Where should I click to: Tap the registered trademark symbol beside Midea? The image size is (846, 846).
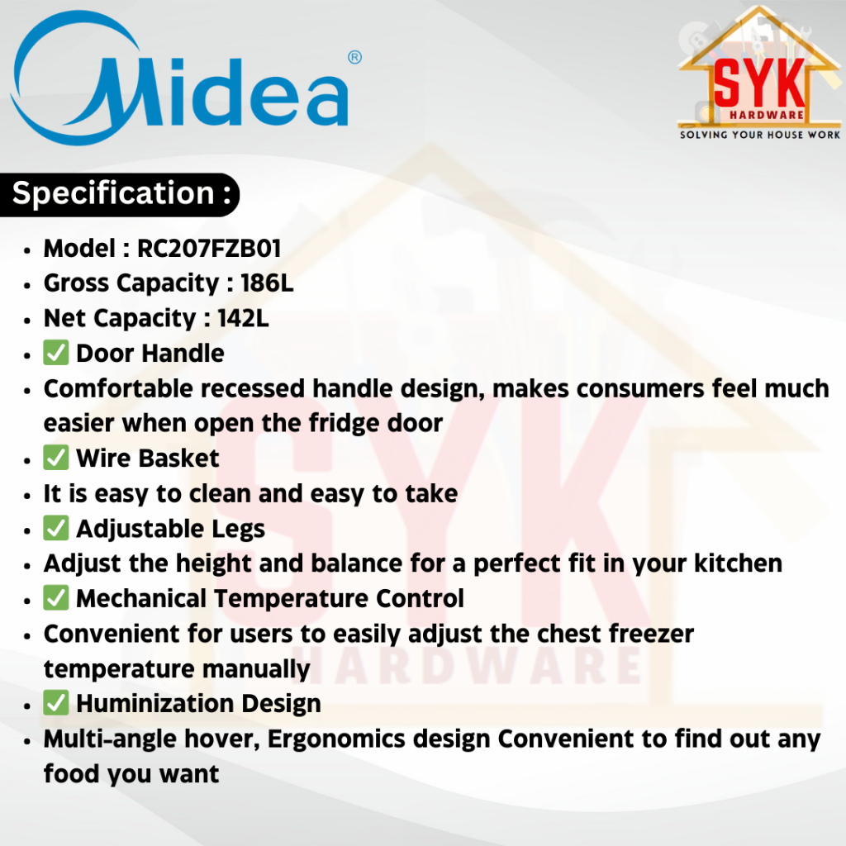354,57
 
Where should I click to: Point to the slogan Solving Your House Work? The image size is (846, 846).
760,135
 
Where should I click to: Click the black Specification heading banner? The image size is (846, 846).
120,195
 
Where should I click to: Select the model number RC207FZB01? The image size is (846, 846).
209,249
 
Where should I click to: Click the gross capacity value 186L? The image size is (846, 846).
267,283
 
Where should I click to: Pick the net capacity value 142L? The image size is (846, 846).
243,318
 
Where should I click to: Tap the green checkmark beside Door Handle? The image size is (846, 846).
56,353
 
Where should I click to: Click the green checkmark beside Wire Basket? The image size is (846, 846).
56,458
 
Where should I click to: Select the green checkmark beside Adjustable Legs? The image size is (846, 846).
56,528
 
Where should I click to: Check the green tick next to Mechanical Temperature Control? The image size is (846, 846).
56,598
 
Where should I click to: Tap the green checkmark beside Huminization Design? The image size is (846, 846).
56,703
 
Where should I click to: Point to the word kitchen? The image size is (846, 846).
738,563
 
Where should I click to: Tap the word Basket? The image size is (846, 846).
179,459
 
